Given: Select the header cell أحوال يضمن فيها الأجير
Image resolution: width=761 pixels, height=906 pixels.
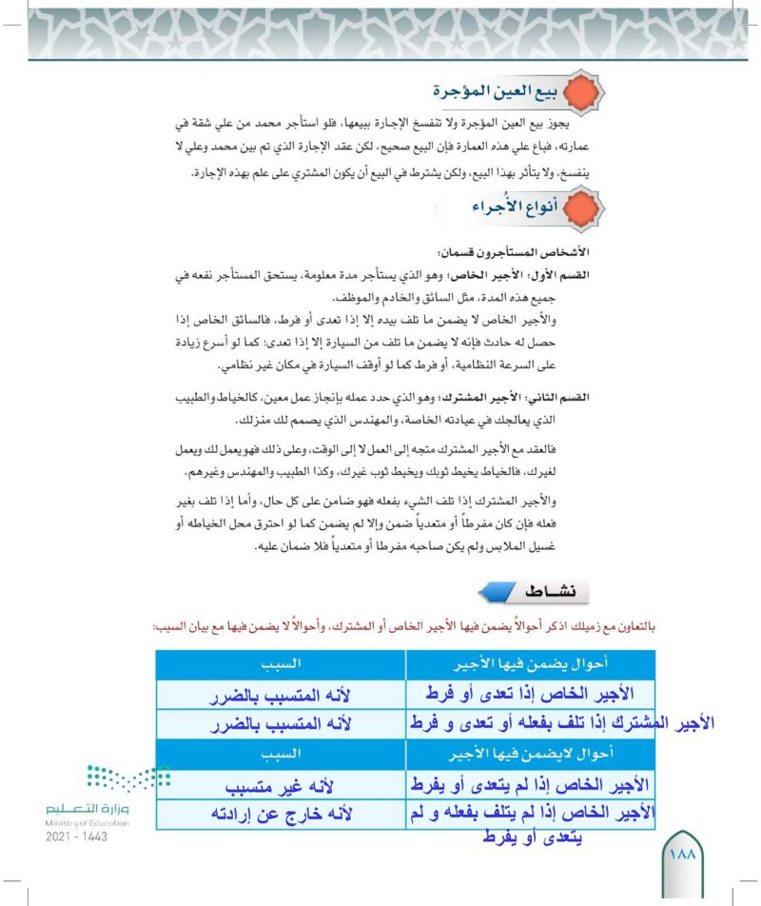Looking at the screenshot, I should (x=529, y=662).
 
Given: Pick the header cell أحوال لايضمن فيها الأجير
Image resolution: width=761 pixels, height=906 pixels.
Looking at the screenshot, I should (x=529, y=753).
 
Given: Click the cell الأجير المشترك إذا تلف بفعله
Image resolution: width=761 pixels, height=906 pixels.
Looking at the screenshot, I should (x=561, y=723).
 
